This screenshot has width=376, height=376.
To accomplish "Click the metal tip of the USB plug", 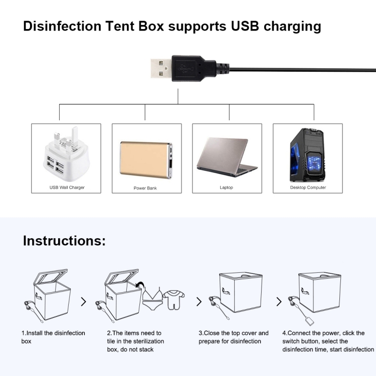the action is pyautogui.click(x=161, y=68).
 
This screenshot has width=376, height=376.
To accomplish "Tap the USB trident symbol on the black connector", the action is pyautogui.click(x=184, y=69).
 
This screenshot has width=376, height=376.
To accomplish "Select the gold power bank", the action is pyautogui.click(x=146, y=159).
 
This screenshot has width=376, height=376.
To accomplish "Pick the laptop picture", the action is pyautogui.click(x=227, y=157).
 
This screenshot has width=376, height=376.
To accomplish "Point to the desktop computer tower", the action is pyautogui.click(x=307, y=155).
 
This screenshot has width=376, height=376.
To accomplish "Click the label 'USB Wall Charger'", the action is pyautogui.click(x=67, y=187).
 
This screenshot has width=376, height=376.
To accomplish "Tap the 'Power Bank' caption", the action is pyautogui.click(x=145, y=188).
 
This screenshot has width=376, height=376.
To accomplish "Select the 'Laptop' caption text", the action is pyautogui.click(x=227, y=187).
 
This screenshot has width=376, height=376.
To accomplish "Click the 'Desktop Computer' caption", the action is pyautogui.click(x=308, y=187).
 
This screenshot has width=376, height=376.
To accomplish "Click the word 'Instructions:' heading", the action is pyautogui.click(x=64, y=241).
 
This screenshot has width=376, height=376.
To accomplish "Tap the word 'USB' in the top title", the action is pyautogui.click(x=245, y=26).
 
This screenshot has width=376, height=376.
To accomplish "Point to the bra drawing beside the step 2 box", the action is pyautogui.click(x=152, y=298).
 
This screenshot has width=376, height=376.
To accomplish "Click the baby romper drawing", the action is pyautogui.click(x=173, y=299).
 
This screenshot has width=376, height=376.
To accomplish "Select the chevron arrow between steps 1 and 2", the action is pyautogui.click(x=83, y=302).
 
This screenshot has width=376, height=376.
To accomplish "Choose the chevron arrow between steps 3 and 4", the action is pyautogui.click(x=279, y=302).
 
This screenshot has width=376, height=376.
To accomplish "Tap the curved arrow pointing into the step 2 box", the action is pyautogui.click(x=140, y=285).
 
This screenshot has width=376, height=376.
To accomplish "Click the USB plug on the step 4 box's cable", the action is pyautogui.click(x=310, y=321).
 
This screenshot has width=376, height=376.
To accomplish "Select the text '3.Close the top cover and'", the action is pyautogui.click(x=234, y=333).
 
